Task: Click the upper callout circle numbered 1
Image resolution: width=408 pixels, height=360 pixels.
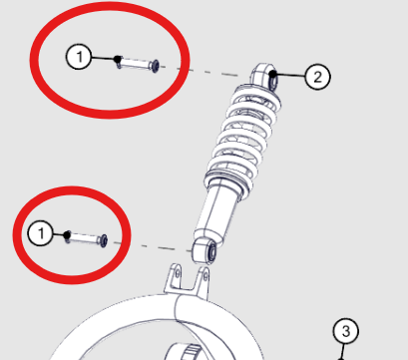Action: click(x=79, y=57)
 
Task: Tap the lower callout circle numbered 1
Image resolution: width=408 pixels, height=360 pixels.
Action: click(x=41, y=233)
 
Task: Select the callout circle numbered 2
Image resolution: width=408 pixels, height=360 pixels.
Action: click(x=317, y=77)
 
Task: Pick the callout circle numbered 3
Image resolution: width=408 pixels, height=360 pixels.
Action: click(x=346, y=331)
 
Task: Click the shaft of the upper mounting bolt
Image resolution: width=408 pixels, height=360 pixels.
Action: click(x=135, y=63)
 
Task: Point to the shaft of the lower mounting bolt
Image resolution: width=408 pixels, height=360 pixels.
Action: click(x=84, y=237)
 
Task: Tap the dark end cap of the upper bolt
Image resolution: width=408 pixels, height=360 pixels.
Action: click(x=155, y=66)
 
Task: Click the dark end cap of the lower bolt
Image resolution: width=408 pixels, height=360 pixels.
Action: click(x=104, y=240)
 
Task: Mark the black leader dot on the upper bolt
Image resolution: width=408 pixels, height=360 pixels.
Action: click(x=117, y=59)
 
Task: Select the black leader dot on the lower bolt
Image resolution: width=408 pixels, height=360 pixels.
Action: click(x=67, y=235)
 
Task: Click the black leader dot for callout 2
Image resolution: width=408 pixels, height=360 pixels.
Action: click(x=273, y=74)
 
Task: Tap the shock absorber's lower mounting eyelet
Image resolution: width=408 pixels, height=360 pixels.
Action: click(x=204, y=250)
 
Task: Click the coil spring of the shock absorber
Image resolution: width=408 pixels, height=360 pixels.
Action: click(x=242, y=137)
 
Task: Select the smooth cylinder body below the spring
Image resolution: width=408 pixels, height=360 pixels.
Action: click(x=217, y=212)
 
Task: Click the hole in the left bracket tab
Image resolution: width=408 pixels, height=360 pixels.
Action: click(x=178, y=274)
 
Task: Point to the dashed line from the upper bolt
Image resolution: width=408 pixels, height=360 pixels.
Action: click(x=201, y=71)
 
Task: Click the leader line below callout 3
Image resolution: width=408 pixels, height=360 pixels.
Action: click(x=342, y=352)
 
